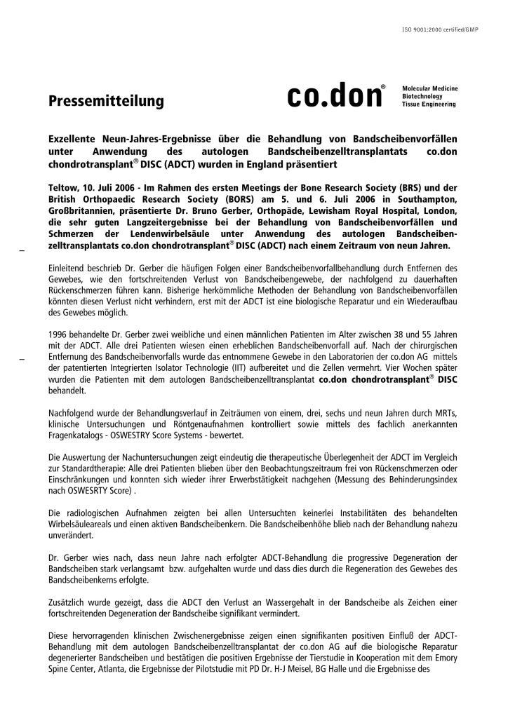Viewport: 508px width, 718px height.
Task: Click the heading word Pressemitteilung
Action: pyautogui.click(x=106, y=101)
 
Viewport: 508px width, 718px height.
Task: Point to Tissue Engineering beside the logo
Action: pyautogui.click(x=428, y=104)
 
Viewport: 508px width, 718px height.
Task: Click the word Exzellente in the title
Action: pyautogui.click(x=74, y=140)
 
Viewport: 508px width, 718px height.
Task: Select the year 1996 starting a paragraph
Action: pyautogui.click(x=58, y=334)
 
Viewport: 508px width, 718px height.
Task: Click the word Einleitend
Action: pyautogui.click(x=69, y=267)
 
